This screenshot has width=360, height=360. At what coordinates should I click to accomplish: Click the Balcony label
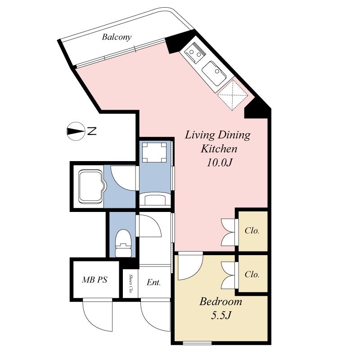(x=117, y=37)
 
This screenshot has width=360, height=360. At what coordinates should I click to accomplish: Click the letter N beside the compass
(x=92, y=131)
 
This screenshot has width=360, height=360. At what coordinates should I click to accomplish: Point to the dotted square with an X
(x=231, y=94)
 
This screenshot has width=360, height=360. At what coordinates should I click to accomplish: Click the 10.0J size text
(x=219, y=162)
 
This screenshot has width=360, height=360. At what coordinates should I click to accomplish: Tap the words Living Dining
(x=218, y=135)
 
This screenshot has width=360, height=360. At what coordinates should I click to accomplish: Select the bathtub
(x=91, y=186)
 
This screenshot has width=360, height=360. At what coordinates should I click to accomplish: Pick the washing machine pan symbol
(x=155, y=153)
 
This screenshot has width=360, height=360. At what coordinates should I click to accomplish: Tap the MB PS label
(x=94, y=280)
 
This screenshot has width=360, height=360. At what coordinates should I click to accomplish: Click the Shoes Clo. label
(x=130, y=283)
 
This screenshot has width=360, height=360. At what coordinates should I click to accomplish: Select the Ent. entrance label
(x=153, y=283)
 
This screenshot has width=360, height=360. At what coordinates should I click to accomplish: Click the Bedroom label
(x=220, y=301)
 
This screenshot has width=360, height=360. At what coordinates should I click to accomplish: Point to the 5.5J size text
(x=221, y=315)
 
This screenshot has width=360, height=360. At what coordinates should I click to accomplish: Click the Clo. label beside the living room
(x=252, y=230)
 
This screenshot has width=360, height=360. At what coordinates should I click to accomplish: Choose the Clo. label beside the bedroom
(x=252, y=274)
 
